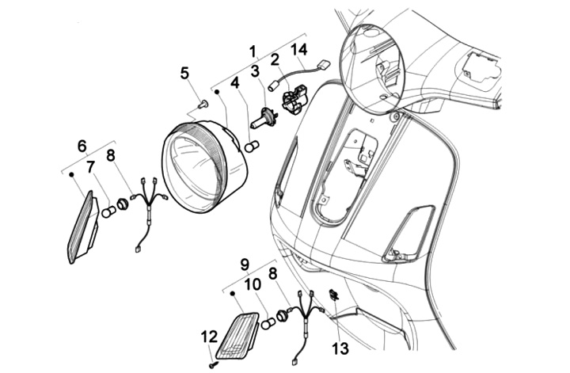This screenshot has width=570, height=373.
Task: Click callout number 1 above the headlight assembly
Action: coord(253,51)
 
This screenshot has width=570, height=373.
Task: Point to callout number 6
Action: coord(82,146)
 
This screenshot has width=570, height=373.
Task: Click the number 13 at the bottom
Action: coord(340,347)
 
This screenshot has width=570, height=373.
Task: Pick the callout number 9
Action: coord(245,262)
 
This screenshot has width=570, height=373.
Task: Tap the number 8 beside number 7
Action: coord(111,155)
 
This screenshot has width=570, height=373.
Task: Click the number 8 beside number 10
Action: coord(272,273)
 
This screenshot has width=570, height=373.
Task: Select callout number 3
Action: coord(255,72)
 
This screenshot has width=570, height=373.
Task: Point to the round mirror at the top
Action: coord(371,68)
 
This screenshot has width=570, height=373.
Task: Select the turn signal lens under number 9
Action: coord(237,333)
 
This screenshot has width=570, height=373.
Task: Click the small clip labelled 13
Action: coord(333,296)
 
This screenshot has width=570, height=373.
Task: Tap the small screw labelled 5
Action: coord(202,103)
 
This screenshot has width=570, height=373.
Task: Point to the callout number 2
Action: coord(275,59)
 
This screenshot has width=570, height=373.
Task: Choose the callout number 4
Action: coord(235,82)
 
